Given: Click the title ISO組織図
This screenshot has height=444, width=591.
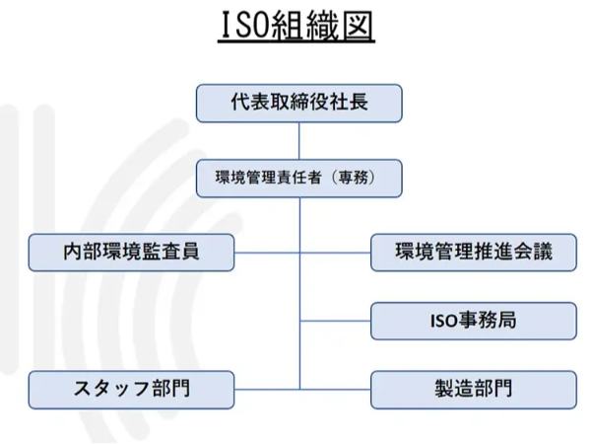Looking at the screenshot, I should (x=296, y=28).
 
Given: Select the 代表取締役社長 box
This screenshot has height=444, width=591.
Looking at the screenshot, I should (x=299, y=103).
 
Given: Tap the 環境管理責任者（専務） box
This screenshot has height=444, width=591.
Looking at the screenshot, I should (x=299, y=179).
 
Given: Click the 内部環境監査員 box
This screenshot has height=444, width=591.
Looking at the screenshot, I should (x=131, y=252).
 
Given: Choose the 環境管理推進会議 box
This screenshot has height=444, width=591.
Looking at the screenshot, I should (x=473, y=252).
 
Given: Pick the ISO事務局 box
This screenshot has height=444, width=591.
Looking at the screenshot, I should (x=473, y=321).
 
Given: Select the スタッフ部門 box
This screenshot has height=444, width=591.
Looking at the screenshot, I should (x=131, y=389).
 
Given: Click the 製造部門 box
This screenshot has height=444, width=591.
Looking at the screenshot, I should (x=473, y=389).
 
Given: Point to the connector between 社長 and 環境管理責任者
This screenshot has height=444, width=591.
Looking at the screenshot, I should (x=299, y=140).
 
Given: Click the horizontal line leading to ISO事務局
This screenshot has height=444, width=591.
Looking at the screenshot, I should (x=335, y=321).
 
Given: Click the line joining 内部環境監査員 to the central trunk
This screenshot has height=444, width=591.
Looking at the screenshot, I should (x=267, y=252).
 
